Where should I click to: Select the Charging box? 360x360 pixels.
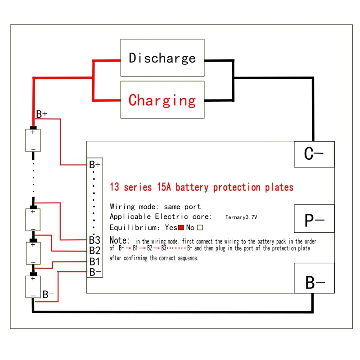click(162, 99)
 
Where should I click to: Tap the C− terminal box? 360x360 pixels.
click(314, 154)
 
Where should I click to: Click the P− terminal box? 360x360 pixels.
click(314, 220)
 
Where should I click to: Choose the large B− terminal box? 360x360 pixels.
click(314, 283)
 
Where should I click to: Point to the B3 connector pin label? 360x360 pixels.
click(94, 240)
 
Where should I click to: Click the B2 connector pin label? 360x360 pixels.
click(94, 251)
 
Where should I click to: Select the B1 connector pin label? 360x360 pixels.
click(94, 261)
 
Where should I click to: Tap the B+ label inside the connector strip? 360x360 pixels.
click(95, 164)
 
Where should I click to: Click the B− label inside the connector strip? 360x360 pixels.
click(95, 272)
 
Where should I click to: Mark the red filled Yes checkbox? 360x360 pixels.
click(181, 228)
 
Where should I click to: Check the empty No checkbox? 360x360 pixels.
click(200, 228)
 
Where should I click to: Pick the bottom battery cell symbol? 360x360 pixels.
click(33, 287)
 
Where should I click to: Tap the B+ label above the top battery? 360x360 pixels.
click(42, 114)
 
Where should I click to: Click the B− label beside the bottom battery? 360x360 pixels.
click(48, 295)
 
